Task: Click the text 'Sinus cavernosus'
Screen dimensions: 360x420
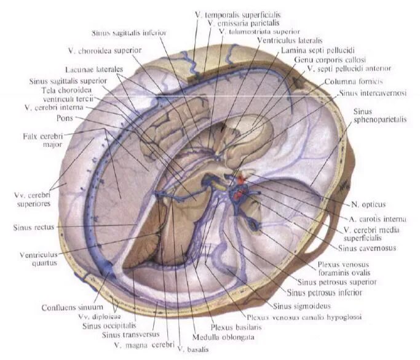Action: pyautogui.click(x=367, y=248)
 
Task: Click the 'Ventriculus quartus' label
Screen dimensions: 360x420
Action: pyautogui.click(x=31, y=257)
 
